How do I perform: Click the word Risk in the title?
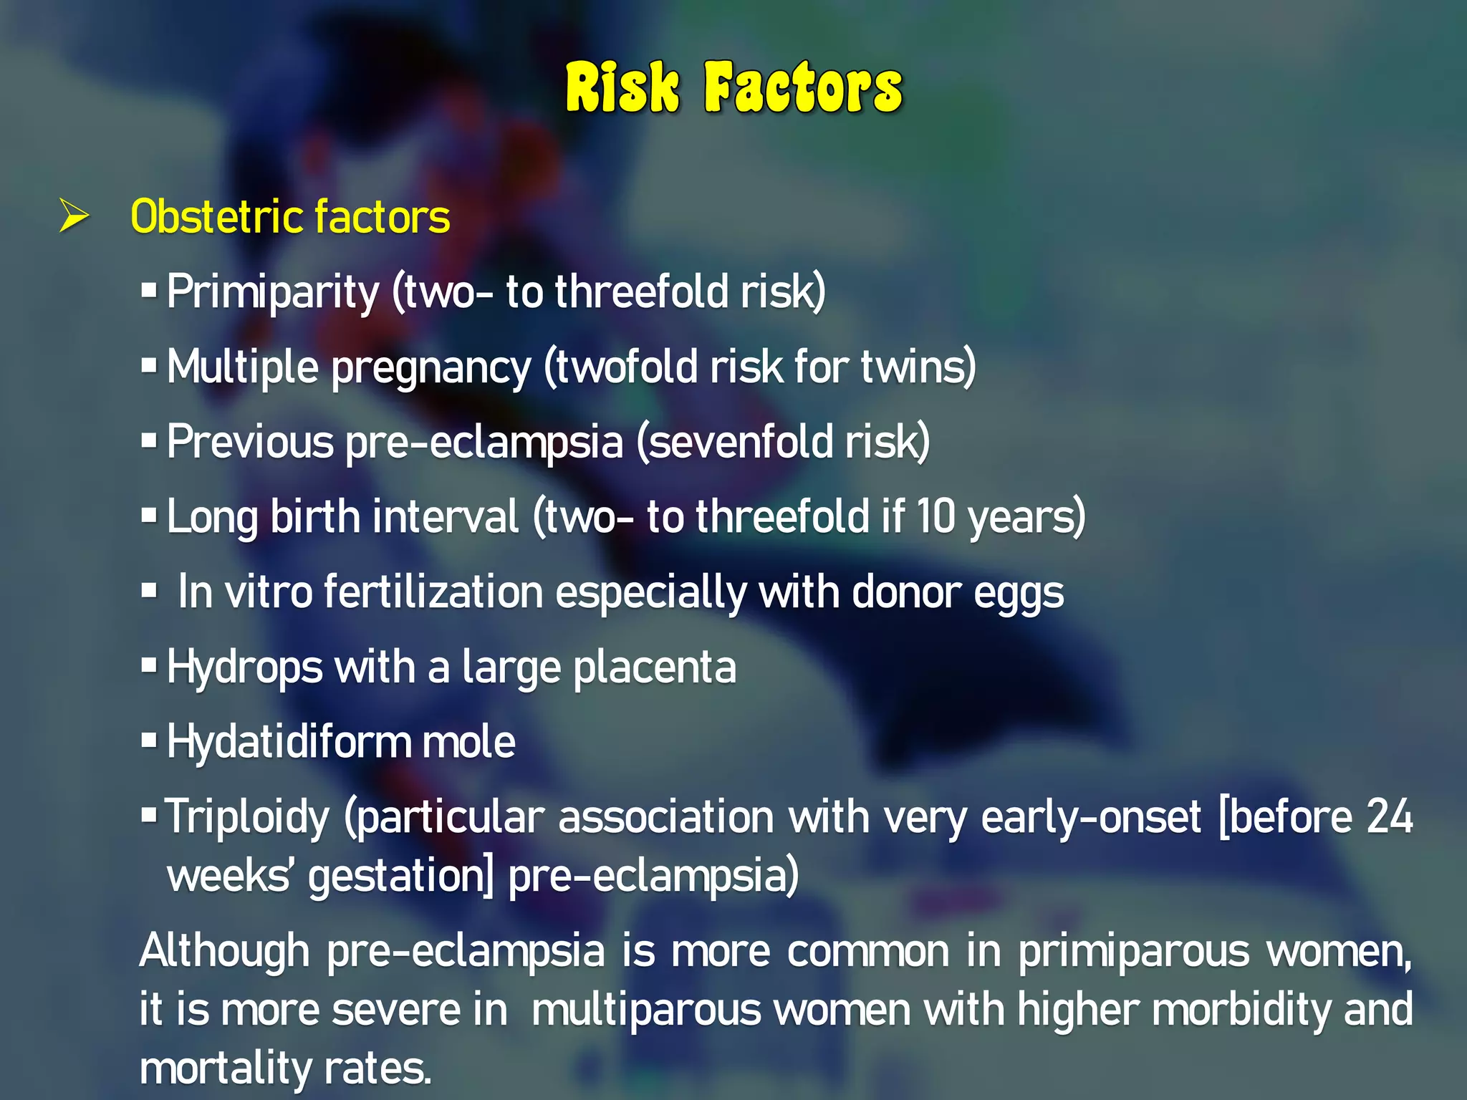point(622,88)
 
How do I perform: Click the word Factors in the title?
point(803,88)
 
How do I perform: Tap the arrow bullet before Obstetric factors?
point(74,216)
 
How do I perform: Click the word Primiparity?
point(273,292)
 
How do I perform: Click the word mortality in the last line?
point(224,1068)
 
